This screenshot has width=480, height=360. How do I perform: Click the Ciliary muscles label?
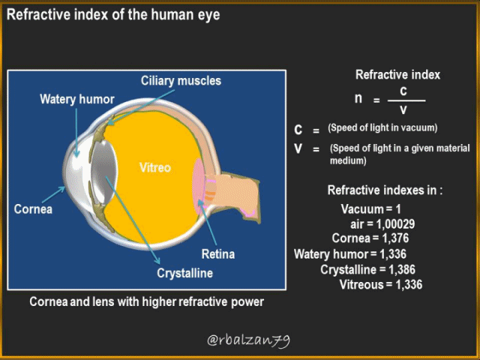[x=181, y=81]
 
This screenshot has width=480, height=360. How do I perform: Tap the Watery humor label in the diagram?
[x=77, y=99]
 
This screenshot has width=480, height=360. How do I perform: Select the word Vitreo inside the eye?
[x=155, y=167]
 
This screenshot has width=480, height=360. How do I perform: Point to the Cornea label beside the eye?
[x=33, y=209]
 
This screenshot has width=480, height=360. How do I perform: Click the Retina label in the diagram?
[x=218, y=254]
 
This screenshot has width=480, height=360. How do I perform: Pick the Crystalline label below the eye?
[x=185, y=273]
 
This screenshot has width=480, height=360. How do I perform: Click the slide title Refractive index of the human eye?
[x=113, y=14]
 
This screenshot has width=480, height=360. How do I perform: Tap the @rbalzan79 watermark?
[x=248, y=340]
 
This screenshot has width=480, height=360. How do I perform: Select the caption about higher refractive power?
[x=147, y=302]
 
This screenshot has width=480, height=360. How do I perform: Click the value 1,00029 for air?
[x=395, y=224]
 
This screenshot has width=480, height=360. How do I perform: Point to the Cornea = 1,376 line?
[x=370, y=238]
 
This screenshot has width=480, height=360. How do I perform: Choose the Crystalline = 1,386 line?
[x=368, y=270]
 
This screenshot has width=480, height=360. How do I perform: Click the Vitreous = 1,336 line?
[x=381, y=285]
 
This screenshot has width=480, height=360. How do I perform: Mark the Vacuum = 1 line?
[x=371, y=209]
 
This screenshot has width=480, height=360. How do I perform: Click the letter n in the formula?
[x=359, y=98]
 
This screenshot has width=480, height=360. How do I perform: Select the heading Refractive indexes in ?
[x=385, y=191]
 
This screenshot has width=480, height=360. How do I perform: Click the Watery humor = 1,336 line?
[x=350, y=254]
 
